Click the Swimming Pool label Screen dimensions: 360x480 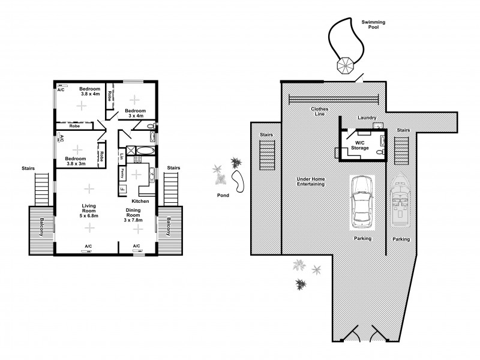pos(373,25)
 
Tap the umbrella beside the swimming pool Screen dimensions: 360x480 pos(346,64)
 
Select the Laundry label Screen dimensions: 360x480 pos(366,118)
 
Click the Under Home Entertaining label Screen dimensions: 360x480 pos(310,182)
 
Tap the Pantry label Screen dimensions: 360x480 pos(122,173)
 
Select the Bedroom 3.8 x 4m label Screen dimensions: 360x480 pos(89,92)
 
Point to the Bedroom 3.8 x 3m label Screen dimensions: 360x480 pos(76,161)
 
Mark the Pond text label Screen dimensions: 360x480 pos(223,195)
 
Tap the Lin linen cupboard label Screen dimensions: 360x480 pos(122,157)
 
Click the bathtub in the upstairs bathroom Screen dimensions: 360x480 pos(144,151)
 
